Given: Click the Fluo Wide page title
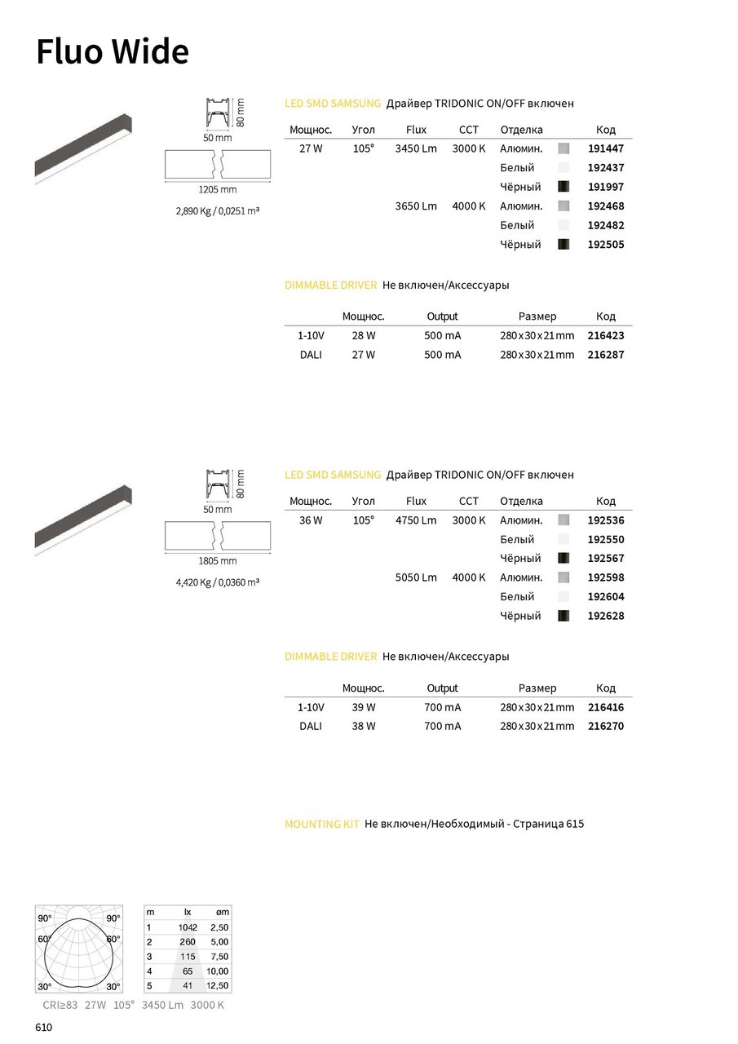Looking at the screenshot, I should point(113,51).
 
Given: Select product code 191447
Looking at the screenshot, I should point(606,149).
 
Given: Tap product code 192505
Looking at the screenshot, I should point(606,245).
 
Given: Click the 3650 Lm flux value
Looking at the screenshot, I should point(416,206).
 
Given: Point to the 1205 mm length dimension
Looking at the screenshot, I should point(218,189).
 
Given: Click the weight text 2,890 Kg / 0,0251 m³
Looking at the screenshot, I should point(218,211).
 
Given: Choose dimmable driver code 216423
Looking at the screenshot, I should point(606,335).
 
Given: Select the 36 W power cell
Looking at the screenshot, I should point(312,520).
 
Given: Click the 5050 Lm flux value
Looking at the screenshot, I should point(416,577).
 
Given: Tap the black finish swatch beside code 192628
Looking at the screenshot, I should point(563,616).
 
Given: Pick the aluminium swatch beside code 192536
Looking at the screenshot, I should point(563,520).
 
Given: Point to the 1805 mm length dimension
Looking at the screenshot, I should point(218,561).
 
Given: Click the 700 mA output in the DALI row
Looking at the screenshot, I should point(443,726).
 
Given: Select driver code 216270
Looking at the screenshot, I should point(606,726).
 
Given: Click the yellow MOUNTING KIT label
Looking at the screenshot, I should point(322,825).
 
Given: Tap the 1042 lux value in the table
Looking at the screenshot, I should point(188,927).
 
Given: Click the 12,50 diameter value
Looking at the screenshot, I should point(218,986).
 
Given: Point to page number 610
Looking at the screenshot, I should point(44,1028).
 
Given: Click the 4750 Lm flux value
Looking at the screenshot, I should point(416,520).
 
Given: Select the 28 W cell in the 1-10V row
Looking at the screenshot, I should point(364,335).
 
